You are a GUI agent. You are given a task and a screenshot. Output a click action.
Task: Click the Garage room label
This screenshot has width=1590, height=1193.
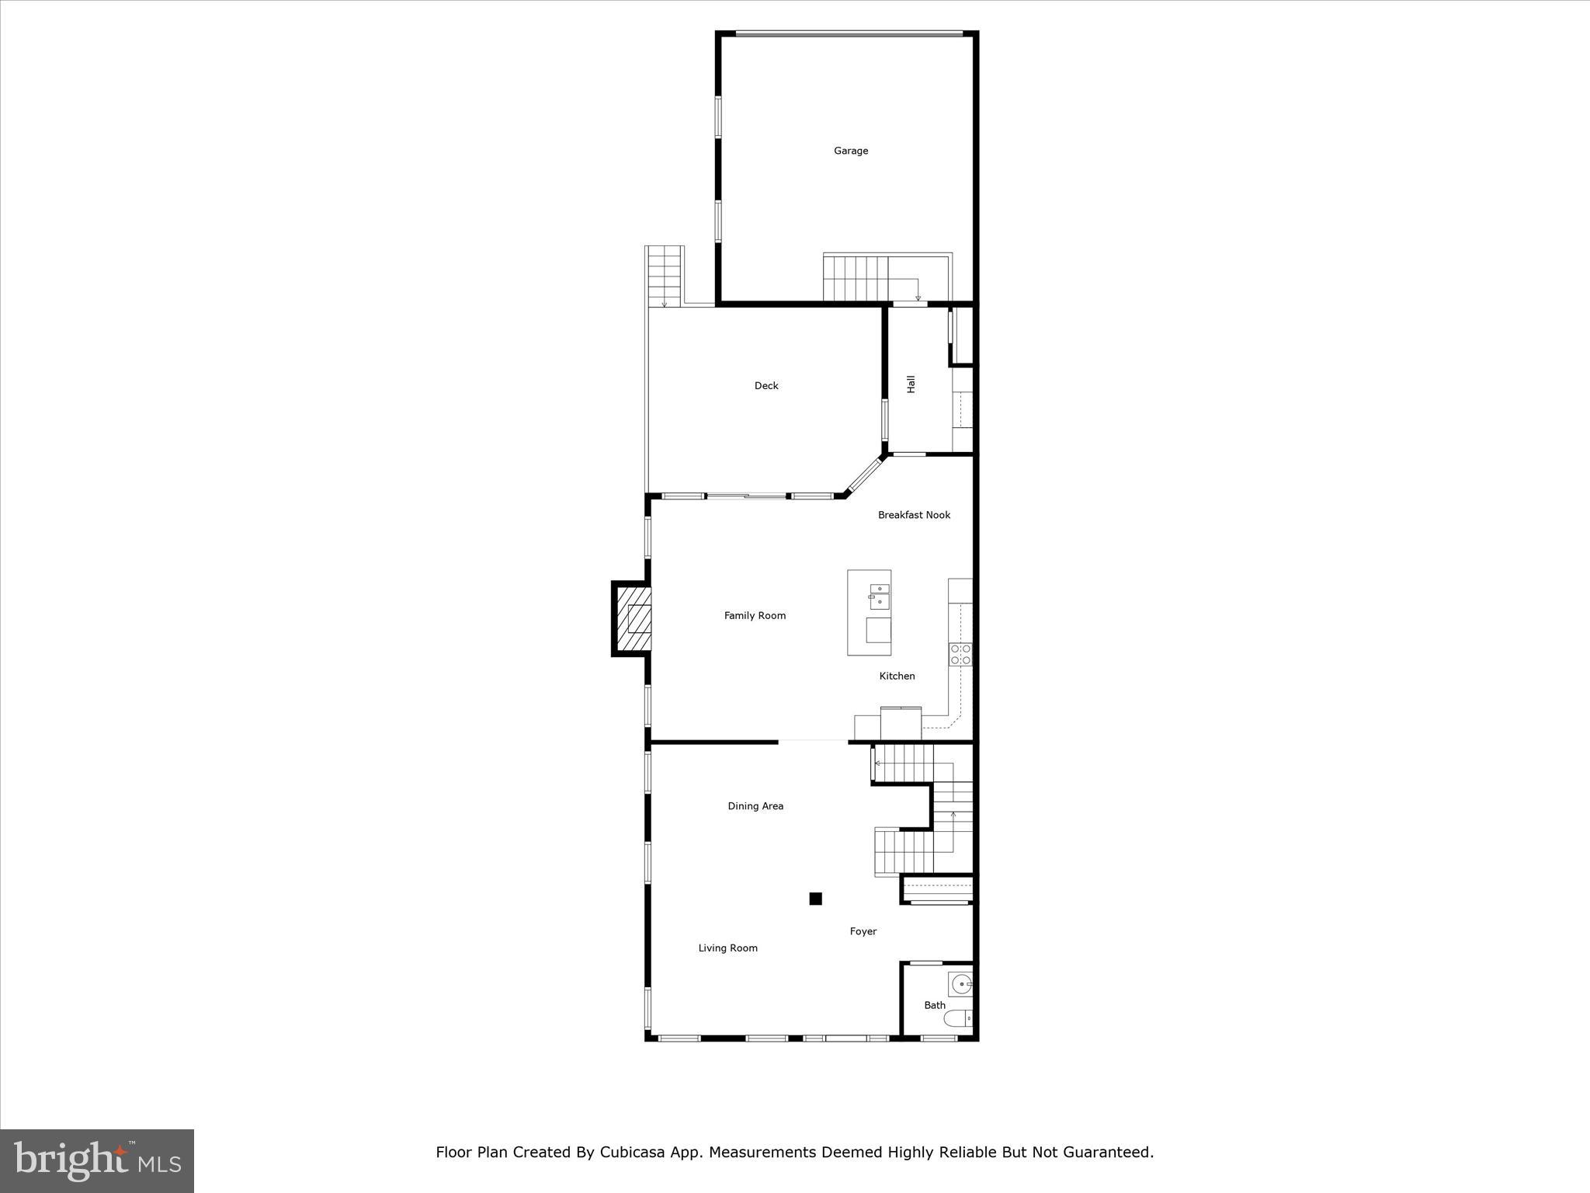pyautogui.click(x=851, y=151)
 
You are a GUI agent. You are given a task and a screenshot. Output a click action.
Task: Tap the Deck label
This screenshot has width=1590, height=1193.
pyautogui.click(x=766, y=385)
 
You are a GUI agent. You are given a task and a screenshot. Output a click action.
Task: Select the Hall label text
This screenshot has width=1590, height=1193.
pyautogui.click(x=911, y=384)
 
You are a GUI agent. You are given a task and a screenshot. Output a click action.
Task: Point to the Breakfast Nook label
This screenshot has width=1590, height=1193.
pyautogui.click(x=914, y=515)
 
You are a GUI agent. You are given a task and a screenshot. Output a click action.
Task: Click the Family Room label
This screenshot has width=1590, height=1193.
pyautogui.click(x=755, y=616)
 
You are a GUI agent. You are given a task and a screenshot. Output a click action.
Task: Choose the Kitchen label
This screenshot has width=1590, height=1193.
pyautogui.click(x=897, y=676)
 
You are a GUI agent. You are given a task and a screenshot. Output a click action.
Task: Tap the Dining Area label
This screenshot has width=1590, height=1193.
pyautogui.click(x=755, y=806)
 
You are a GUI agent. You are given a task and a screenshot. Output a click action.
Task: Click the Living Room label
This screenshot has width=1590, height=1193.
pyautogui.click(x=727, y=948)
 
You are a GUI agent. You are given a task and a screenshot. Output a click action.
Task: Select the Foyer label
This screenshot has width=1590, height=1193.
pyautogui.click(x=863, y=931)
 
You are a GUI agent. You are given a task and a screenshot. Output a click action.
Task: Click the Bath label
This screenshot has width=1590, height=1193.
pyautogui.click(x=935, y=1005)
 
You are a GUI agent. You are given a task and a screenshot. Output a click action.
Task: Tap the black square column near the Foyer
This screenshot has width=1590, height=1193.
pyautogui.click(x=815, y=899)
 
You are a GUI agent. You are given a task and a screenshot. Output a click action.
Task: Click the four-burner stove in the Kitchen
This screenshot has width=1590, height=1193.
pyautogui.click(x=960, y=654)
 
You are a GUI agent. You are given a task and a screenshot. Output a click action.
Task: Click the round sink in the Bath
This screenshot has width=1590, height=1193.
pyautogui.click(x=961, y=985)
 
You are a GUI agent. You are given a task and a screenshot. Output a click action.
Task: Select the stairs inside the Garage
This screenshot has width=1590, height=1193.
pyautogui.click(x=856, y=278)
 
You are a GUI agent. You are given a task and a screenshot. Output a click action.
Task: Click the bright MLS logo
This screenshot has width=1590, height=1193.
pyautogui.click(x=97, y=1161)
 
